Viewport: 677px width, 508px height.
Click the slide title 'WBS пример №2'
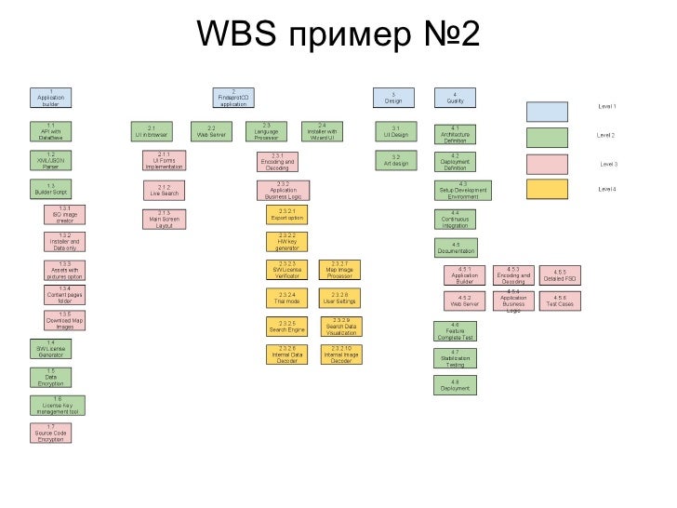338,35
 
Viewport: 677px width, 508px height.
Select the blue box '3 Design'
394,97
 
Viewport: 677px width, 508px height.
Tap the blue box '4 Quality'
455,97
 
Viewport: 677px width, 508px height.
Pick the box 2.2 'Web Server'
211,131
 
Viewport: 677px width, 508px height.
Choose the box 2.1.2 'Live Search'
164,191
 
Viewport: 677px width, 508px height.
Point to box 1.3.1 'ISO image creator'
65,215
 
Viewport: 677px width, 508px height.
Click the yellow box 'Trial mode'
286,299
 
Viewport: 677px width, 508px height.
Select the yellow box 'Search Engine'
286,328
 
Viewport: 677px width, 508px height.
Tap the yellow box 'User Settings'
340,299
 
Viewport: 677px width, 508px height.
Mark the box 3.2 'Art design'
395,161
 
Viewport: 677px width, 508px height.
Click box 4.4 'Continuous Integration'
455,220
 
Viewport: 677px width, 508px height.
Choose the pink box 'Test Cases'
560,301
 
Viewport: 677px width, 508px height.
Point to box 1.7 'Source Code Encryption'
51,434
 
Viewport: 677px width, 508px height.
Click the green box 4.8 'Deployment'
455,385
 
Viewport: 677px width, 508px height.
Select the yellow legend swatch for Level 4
547,189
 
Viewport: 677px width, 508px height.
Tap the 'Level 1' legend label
606,108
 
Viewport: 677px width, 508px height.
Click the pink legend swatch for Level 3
547,164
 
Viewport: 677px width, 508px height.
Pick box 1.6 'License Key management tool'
58,405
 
